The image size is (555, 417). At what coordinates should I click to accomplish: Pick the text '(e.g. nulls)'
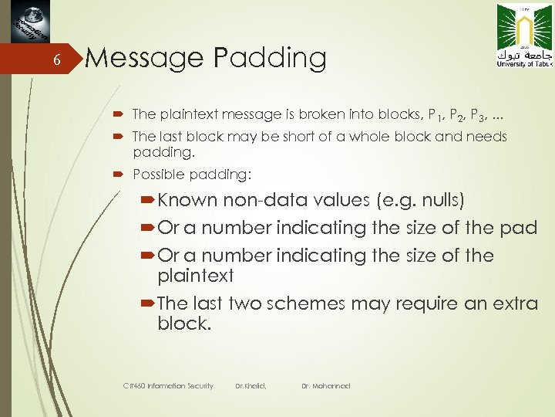coord(419,201)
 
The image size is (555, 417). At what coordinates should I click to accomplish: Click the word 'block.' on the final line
coord(183,324)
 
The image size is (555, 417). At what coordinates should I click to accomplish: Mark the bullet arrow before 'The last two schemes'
coord(149,303)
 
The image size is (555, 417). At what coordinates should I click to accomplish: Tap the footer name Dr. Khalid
coord(251,385)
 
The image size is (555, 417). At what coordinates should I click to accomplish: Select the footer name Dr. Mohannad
coord(325,385)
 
